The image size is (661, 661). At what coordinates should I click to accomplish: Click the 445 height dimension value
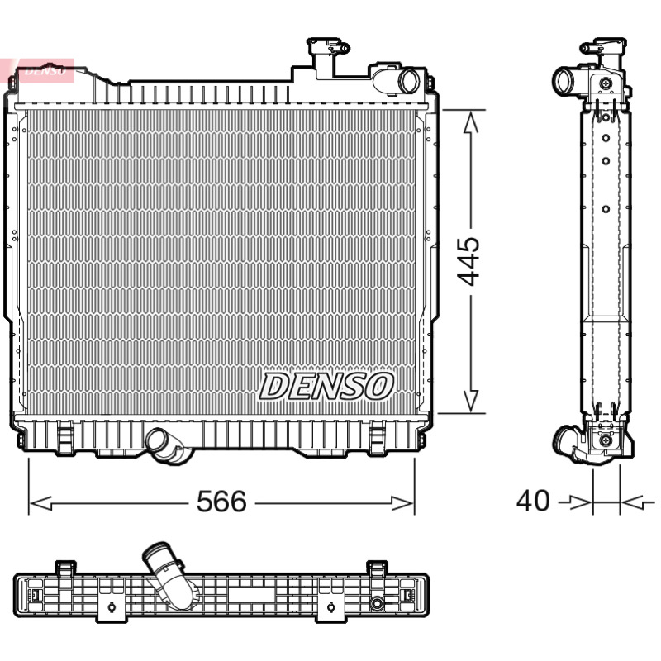click(x=468, y=261)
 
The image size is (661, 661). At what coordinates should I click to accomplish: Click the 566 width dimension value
click(x=221, y=502)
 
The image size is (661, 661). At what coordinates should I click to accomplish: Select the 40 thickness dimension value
click(x=533, y=501)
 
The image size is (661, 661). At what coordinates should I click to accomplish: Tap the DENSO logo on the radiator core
click(x=326, y=386)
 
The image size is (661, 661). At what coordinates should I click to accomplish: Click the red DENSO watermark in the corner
click(x=41, y=70)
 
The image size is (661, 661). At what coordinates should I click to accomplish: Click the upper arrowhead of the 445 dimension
click(x=470, y=122)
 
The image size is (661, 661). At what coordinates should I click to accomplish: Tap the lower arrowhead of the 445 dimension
click(x=470, y=401)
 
